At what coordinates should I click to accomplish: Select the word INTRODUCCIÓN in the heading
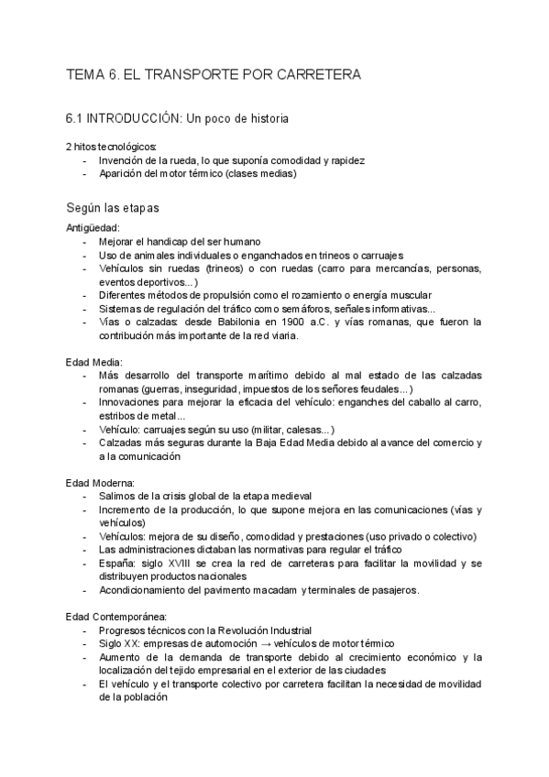(x=135, y=118)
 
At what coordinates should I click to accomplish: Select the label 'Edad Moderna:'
(x=100, y=482)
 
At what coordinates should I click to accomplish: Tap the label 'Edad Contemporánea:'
(x=115, y=617)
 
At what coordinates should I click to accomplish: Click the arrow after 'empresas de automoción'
(x=259, y=644)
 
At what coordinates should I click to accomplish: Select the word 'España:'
(x=117, y=563)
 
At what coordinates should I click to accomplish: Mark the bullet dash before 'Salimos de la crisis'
(x=85, y=496)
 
